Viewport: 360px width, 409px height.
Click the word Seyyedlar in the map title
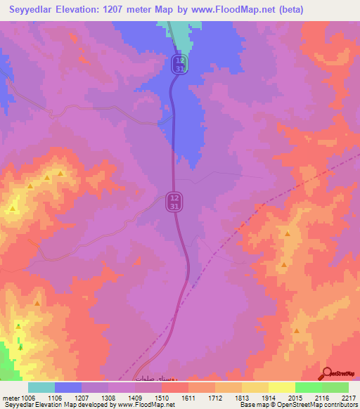[32, 9]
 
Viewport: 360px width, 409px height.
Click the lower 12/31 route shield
[174, 202]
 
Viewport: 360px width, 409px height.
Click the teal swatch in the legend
[41, 387]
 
